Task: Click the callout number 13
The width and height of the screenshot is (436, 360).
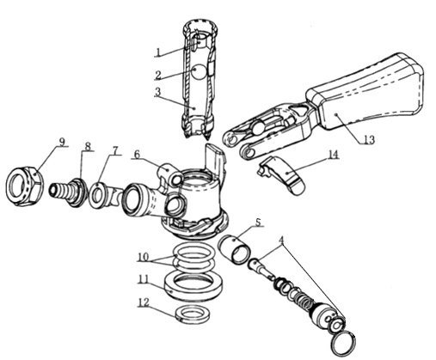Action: (x=369, y=140)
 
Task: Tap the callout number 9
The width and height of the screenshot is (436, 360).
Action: (x=62, y=141)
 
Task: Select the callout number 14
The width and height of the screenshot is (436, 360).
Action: (x=333, y=155)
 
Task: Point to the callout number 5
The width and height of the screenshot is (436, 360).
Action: (x=258, y=223)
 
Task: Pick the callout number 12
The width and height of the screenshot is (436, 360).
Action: (x=144, y=302)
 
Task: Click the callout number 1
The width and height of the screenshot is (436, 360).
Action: (x=157, y=52)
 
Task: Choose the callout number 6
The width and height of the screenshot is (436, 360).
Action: (x=137, y=155)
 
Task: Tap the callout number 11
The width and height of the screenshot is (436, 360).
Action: (x=144, y=278)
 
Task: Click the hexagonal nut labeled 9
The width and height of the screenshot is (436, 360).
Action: (x=25, y=186)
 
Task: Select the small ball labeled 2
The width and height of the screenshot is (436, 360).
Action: (x=199, y=71)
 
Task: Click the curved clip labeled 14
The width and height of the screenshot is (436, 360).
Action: (x=282, y=174)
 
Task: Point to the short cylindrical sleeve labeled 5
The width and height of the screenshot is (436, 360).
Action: (x=235, y=249)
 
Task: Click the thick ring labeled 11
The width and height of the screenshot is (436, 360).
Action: (x=193, y=286)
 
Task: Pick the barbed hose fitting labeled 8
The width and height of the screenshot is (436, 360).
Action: (x=69, y=192)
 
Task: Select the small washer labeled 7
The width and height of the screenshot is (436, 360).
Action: (x=98, y=195)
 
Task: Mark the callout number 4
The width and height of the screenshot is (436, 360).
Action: (x=282, y=240)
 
